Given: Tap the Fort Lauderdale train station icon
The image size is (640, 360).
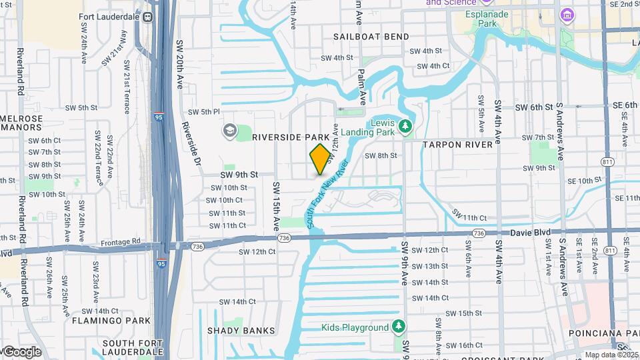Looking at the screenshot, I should pos(148,17).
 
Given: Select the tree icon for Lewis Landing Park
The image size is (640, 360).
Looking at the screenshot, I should pos(404,125).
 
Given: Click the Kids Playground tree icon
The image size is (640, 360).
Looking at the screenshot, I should pos(398,327).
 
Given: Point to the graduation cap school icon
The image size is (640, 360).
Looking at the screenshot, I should pos(230,130).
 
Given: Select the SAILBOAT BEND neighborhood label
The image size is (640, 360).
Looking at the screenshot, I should pos(372,37).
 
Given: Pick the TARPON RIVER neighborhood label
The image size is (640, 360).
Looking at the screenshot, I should pos(457,144).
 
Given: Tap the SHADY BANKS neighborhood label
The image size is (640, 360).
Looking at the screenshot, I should pos(231,331).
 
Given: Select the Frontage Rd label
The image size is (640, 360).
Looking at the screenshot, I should pos(121,242).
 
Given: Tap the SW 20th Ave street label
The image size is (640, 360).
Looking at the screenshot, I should pos(179,65).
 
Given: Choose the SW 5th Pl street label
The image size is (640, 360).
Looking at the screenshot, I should pos(203,112).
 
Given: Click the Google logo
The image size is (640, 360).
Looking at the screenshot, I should pos(21,351).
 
